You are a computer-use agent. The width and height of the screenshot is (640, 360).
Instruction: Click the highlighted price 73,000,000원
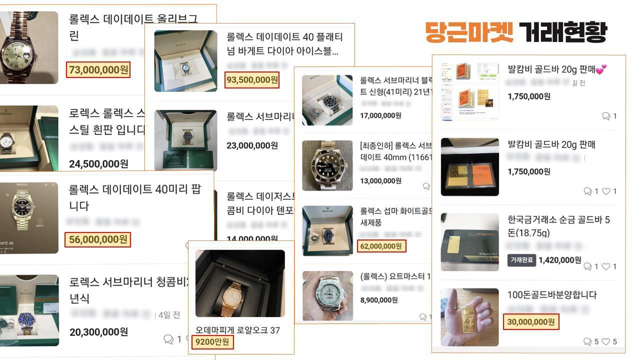point(98,70)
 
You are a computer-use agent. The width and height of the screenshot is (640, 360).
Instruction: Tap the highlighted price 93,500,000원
point(252,80)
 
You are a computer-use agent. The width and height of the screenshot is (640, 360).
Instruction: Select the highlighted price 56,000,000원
point(98,239)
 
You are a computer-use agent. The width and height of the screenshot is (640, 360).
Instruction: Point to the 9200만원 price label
point(212,342)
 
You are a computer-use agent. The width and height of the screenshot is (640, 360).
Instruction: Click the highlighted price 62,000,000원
point(381,246)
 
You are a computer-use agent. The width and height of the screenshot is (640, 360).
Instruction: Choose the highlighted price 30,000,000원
point(531,322)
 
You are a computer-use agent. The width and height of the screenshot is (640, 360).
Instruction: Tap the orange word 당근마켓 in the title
point(469,32)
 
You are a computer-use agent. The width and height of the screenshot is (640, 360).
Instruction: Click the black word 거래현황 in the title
point(562,32)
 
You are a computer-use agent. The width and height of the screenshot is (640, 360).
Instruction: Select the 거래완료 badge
point(521,260)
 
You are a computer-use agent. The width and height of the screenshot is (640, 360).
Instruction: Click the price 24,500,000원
point(98,164)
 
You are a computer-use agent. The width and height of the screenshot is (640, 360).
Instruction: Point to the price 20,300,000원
point(98,332)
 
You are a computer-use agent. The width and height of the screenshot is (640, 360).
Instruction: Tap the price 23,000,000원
point(252,145)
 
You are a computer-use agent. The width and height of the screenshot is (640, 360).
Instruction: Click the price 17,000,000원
point(380,115)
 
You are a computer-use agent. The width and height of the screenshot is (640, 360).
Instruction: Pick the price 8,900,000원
point(378,300)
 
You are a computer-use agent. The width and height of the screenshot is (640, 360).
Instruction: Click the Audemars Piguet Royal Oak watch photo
point(240,283)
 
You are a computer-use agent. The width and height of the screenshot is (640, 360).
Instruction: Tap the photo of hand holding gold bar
point(469,317)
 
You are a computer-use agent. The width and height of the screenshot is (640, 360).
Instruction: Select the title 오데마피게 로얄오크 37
point(237,330)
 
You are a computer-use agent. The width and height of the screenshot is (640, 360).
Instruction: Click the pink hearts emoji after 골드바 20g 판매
point(601,69)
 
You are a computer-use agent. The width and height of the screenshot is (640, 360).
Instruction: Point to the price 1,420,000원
point(560,260)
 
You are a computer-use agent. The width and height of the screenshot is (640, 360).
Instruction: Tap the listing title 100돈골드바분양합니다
point(552,295)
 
